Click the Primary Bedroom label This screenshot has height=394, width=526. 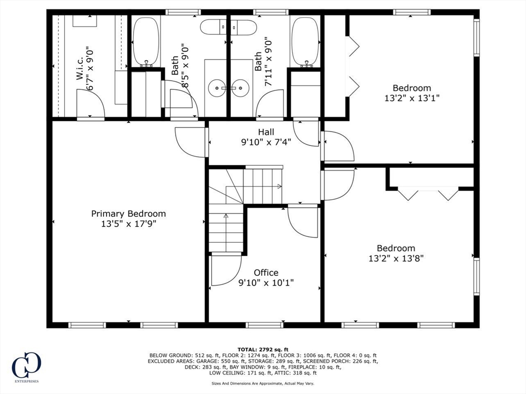click(x=128, y=214)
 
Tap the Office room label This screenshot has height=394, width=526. click(x=266, y=272)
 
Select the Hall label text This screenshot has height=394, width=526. click(x=266, y=132)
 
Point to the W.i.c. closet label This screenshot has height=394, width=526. click(x=80, y=70)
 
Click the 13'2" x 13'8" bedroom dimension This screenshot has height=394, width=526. click(x=396, y=258)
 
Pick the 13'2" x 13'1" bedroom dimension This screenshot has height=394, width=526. click(x=411, y=98)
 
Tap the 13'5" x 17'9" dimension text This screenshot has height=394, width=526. click(x=129, y=223)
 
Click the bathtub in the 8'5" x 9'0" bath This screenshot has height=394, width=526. click(x=145, y=41)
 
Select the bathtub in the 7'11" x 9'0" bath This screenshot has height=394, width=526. click(x=305, y=41)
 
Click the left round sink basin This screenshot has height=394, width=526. click(x=217, y=88)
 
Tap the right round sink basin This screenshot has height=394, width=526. click(x=240, y=88)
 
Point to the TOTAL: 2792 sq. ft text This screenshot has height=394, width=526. click(x=263, y=349)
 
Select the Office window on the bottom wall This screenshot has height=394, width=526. click(x=265, y=325)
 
